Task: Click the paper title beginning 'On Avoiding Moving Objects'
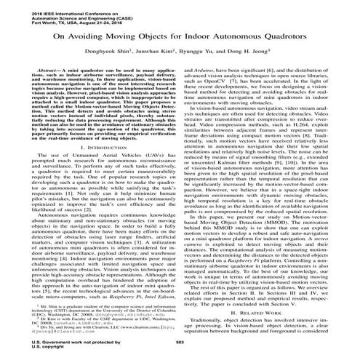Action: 180,34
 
